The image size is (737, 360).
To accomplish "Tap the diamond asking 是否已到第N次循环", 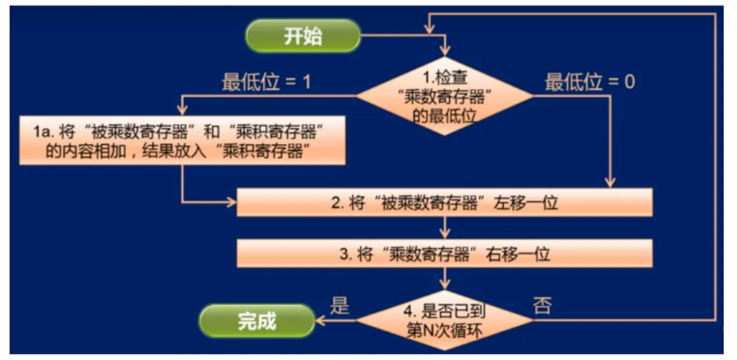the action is (x=444, y=318).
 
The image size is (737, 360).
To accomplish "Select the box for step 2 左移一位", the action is (x=444, y=204).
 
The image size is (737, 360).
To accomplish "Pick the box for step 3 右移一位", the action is (x=444, y=254).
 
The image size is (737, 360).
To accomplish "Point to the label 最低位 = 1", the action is (x=266, y=81).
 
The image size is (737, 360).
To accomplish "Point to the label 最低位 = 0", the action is (x=590, y=81).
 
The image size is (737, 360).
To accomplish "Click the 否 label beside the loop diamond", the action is (x=543, y=305).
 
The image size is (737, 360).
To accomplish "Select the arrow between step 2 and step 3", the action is (x=444, y=228).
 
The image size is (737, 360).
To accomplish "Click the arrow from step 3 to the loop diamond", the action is (x=444, y=278).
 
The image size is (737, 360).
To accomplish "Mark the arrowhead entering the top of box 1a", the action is (x=183, y=111).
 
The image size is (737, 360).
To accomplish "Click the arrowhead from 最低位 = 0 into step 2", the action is (x=611, y=183).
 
